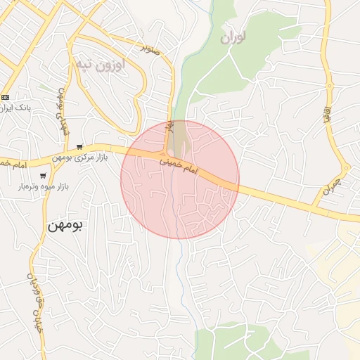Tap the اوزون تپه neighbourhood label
tap(99, 65)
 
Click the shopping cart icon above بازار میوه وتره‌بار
tap(43, 176)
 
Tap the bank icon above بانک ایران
tap(6, 97)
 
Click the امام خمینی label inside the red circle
tap(181, 167)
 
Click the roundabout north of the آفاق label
tap(328, 86)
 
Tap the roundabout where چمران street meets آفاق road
tap(345, 167)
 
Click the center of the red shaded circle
tap(180, 180)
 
